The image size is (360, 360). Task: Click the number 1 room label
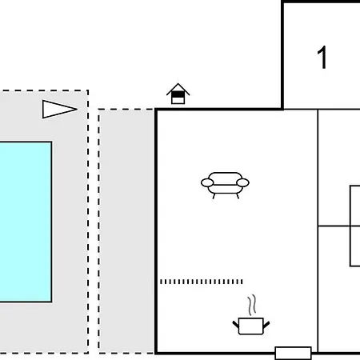click(322, 58)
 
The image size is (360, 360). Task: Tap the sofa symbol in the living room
click(225, 186)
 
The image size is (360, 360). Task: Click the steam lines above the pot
click(252, 306)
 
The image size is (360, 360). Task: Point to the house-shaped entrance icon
click(178, 94)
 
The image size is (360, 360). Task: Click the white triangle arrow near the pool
click(59, 109)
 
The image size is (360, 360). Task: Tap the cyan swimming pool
click(26, 222)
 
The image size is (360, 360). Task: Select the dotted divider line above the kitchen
click(202, 282)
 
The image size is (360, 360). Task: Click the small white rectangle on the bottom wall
click(293, 353)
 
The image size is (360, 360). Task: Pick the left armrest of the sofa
click(207, 182)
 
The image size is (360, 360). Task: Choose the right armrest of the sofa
click(242, 182)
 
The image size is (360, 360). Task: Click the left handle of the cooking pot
click(236, 325)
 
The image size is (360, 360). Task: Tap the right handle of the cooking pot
click(266, 325)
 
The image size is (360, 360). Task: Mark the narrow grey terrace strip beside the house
click(126, 231)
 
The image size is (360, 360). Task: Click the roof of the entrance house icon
click(178, 89)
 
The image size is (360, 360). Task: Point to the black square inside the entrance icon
click(178, 94)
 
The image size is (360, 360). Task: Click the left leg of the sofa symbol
click(214, 196)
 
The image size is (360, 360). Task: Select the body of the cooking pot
click(251, 326)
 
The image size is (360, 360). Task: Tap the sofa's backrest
click(225, 178)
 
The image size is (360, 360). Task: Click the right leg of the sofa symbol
click(238, 196)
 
